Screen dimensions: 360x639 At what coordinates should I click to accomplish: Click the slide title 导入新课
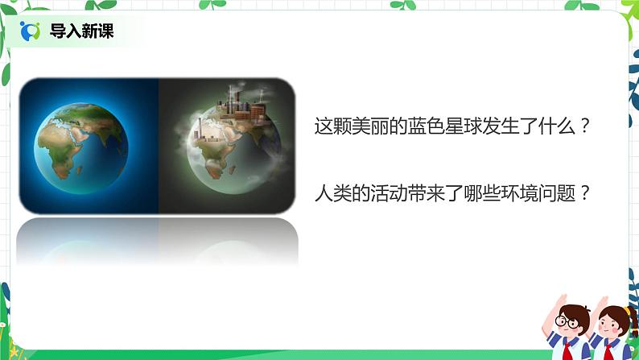[x=82, y=31]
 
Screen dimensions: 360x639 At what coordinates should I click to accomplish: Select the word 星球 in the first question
[x=461, y=127]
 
